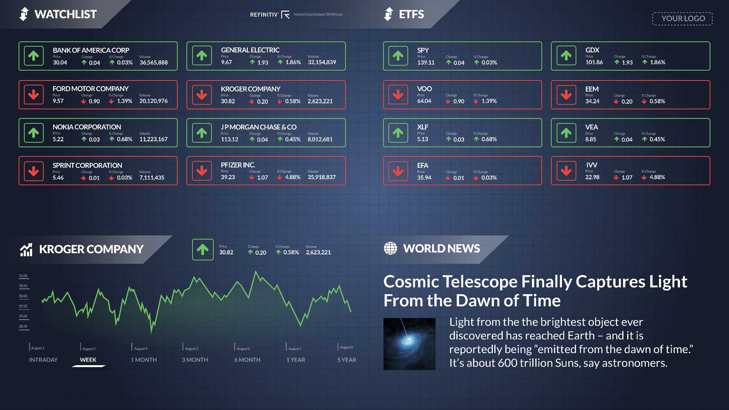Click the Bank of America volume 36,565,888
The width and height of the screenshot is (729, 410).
click(x=153, y=63)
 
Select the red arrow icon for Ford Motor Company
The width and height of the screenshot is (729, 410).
click(x=33, y=95)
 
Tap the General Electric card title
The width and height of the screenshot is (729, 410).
click(x=250, y=50)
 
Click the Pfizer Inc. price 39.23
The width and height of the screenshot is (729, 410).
click(x=228, y=177)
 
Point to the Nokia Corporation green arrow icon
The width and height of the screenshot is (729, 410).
click(x=33, y=132)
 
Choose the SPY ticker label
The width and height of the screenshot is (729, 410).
click(x=423, y=50)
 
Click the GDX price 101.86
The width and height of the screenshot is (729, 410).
click(x=594, y=62)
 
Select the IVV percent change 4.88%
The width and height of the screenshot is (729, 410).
click(x=657, y=177)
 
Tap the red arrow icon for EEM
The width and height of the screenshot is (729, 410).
click(x=566, y=95)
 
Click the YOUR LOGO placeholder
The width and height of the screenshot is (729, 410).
click(x=682, y=19)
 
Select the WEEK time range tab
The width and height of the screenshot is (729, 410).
click(x=88, y=360)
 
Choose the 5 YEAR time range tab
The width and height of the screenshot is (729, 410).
click(x=346, y=360)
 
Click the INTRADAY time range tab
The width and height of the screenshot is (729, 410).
click(x=43, y=360)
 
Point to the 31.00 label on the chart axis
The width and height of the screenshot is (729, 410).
click(x=23, y=276)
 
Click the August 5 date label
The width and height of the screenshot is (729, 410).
click(x=191, y=348)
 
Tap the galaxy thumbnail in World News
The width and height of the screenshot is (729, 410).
click(x=409, y=344)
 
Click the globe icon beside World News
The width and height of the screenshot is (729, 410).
click(x=390, y=248)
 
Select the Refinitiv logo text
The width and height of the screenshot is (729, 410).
click(x=264, y=15)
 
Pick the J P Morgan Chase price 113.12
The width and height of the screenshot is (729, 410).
click(x=229, y=139)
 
